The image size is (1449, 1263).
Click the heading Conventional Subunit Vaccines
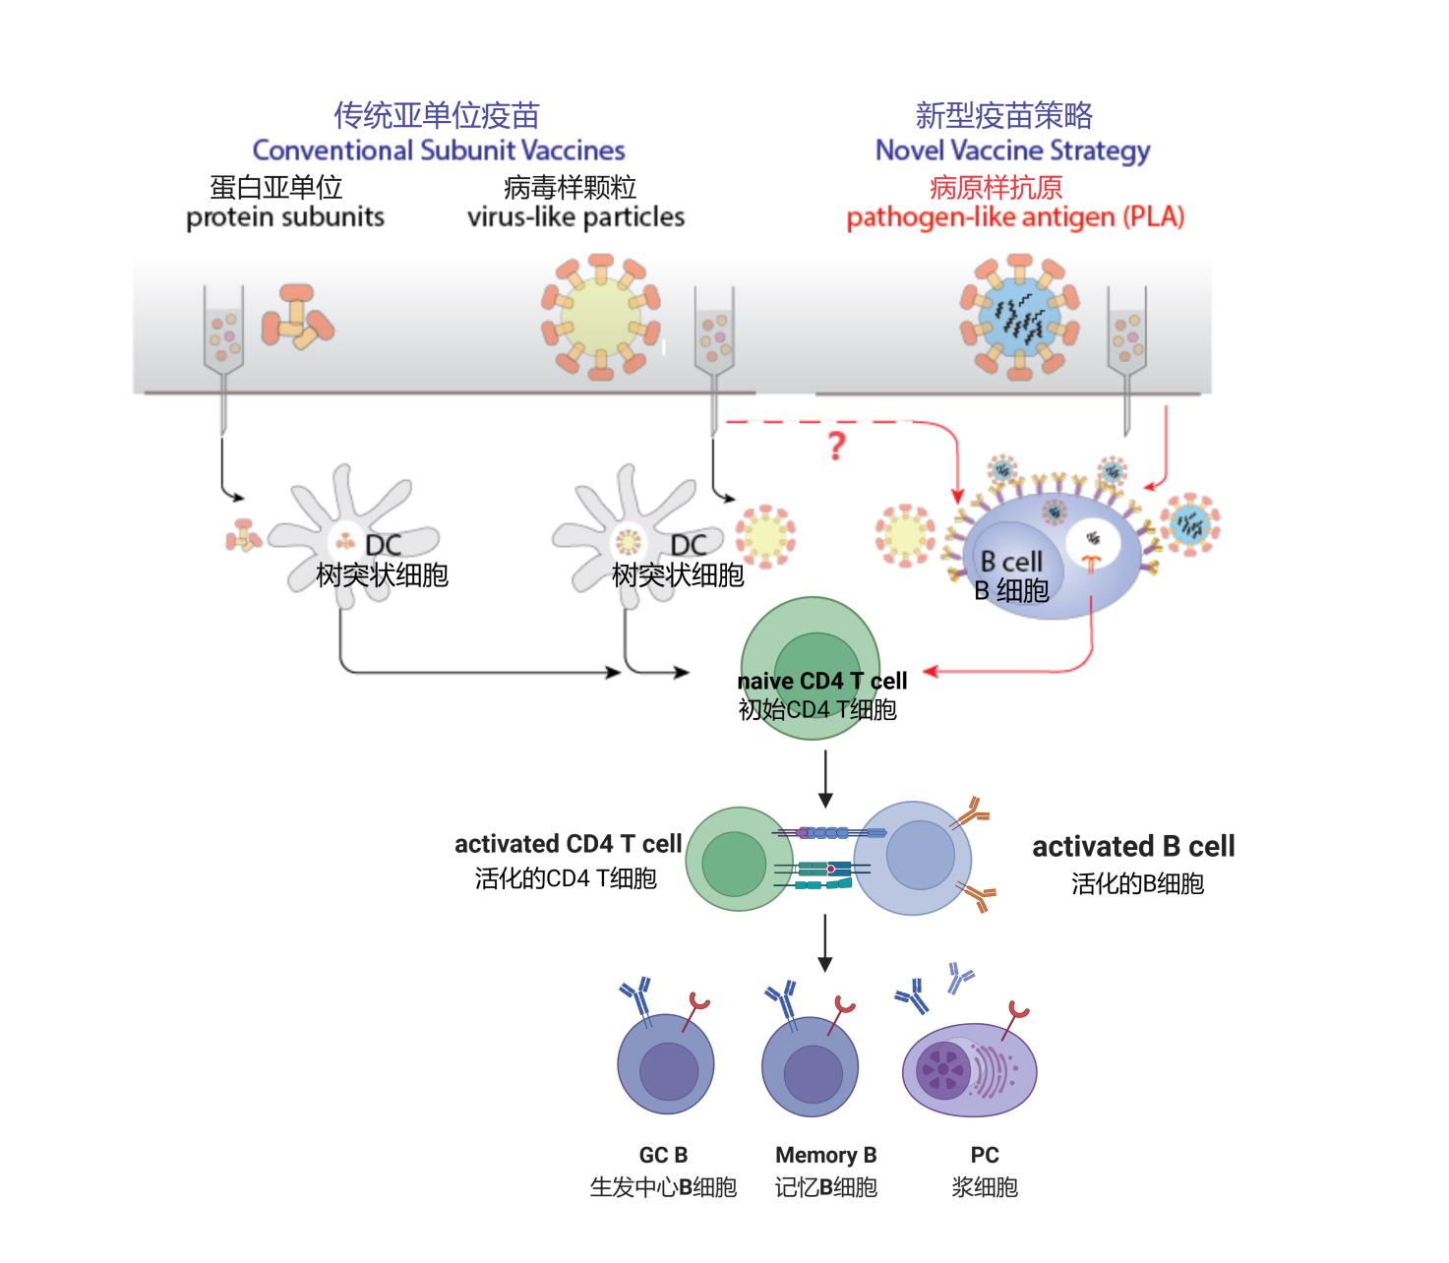[x=439, y=150]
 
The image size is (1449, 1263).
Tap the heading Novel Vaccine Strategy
[x=1012, y=150]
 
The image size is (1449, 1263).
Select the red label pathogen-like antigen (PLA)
[x=1015, y=216]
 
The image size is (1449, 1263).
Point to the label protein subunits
[x=285, y=216]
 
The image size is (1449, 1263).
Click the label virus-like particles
[x=575, y=216]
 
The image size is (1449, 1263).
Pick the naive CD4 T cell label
[x=821, y=681]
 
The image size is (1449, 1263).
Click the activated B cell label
[x=1133, y=846]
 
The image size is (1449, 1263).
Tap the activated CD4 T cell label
[x=568, y=844]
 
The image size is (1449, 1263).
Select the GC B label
[x=663, y=1155]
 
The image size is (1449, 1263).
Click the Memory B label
[x=825, y=1155]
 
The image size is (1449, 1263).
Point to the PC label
[x=984, y=1155]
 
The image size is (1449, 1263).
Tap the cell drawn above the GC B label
[x=665, y=1064]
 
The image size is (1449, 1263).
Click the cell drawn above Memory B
[x=810, y=1064]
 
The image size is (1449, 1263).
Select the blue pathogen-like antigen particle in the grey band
[x=1019, y=317]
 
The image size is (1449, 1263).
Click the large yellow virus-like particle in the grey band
[x=601, y=317]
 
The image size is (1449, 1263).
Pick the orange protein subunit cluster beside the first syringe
[x=296, y=317]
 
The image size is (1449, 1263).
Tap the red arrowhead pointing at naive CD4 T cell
[x=932, y=672]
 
